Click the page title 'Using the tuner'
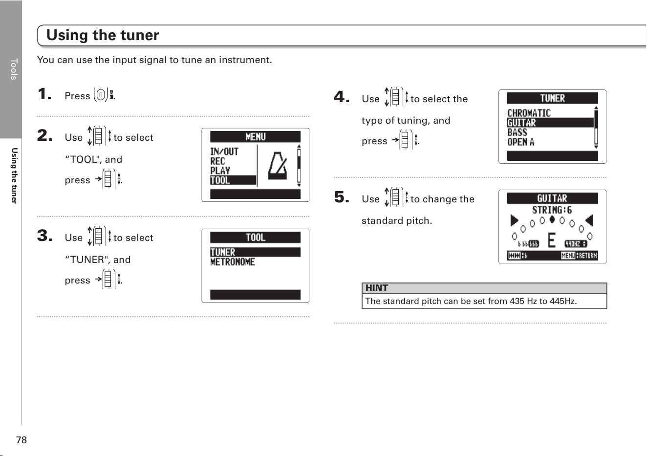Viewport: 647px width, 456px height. (x=103, y=35)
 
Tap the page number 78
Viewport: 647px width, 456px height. (x=22, y=440)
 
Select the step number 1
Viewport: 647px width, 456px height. (x=44, y=94)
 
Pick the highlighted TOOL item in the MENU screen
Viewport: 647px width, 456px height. (x=233, y=180)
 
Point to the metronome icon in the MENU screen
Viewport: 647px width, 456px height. (x=278, y=166)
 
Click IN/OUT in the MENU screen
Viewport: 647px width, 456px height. (x=224, y=152)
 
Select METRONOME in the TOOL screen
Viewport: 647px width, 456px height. (x=233, y=262)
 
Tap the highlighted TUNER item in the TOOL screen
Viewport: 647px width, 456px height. (x=255, y=252)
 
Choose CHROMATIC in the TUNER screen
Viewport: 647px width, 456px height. (x=529, y=113)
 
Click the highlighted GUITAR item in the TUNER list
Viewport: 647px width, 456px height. (x=550, y=123)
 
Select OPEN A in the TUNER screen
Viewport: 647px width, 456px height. (x=521, y=142)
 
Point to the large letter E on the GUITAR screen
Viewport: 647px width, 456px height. (x=552, y=240)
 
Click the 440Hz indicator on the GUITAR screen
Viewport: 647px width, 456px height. (x=576, y=244)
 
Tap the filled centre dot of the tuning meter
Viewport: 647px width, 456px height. (x=552, y=219)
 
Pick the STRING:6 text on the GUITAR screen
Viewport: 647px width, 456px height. (x=552, y=210)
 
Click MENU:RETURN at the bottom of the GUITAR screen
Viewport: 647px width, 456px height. (x=579, y=256)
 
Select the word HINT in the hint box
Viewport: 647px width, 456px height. (x=377, y=288)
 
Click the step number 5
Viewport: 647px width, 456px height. (x=342, y=197)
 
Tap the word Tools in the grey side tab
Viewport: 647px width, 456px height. (x=14, y=69)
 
